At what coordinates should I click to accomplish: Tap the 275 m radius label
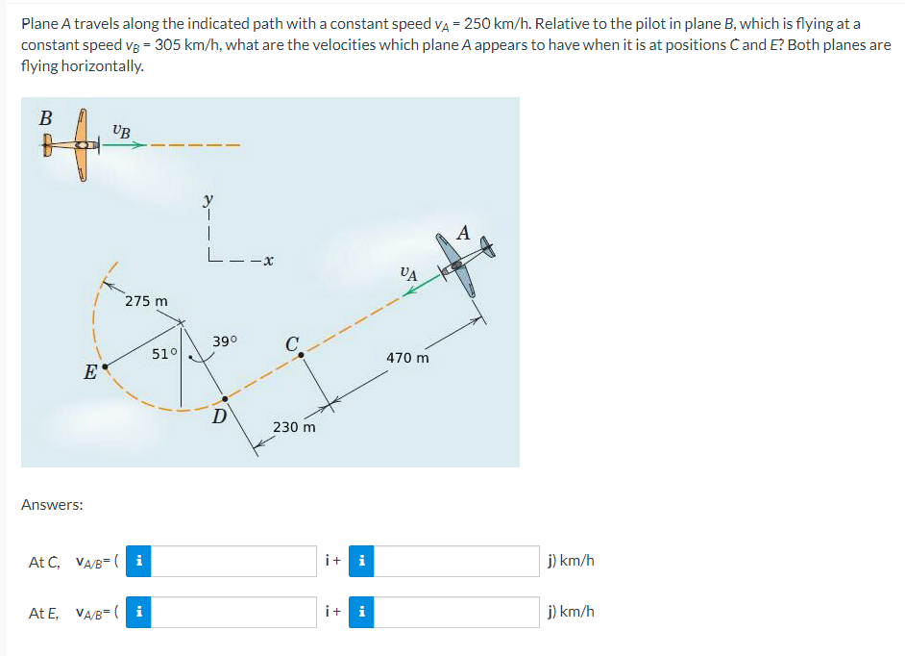point(146,301)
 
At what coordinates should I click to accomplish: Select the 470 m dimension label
point(407,358)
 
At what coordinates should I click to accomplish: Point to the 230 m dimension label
point(294,426)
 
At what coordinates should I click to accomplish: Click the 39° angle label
point(225,341)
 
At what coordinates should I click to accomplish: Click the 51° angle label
point(163,353)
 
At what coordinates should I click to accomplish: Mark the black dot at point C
point(302,355)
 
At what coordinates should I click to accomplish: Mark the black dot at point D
point(226,398)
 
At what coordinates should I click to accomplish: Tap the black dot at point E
point(105,366)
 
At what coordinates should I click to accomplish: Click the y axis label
point(207,200)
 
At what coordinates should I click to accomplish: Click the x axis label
point(270,260)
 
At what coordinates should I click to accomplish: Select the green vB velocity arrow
point(124,146)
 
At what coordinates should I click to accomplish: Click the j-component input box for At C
point(455,561)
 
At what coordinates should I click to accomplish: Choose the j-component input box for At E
point(455,612)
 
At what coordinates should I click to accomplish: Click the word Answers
point(52,504)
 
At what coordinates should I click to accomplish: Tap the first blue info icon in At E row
point(139,612)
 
